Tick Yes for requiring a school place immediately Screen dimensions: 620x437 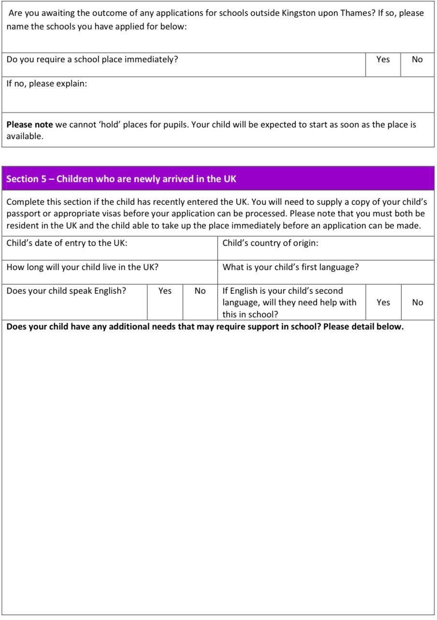click(x=383, y=59)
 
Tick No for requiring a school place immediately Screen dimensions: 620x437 click(x=417, y=59)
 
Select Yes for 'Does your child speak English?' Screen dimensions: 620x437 click(x=165, y=291)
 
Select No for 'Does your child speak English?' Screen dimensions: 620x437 click(x=200, y=291)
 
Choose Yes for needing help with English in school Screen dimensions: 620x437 click(x=383, y=303)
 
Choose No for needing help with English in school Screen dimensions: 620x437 click(x=417, y=303)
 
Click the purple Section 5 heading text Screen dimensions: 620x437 click(x=121, y=179)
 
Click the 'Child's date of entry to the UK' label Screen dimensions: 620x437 click(x=67, y=243)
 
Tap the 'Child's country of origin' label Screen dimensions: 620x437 click(x=270, y=243)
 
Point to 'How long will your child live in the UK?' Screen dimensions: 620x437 click(x=82, y=267)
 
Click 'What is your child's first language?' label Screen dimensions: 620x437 click(x=291, y=267)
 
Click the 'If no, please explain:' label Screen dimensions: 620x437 click(x=46, y=84)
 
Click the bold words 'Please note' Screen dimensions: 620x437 click(x=29, y=125)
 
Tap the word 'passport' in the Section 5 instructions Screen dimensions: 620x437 click(x=23, y=213)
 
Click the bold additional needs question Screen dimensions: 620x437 click(x=205, y=327)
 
